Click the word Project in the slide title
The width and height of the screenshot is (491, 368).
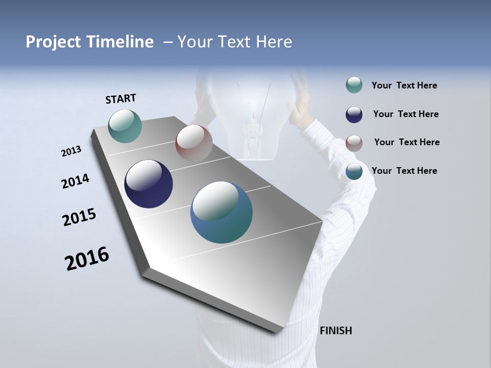pos(53,42)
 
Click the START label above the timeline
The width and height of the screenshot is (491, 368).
pos(121,99)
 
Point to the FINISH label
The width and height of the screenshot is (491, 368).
pos(336,331)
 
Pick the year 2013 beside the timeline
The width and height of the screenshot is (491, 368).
pos(71,151)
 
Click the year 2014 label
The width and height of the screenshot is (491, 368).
pos(75,181)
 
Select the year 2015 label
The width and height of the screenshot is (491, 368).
pos(79,217)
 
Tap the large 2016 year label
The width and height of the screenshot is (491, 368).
pos(87,259)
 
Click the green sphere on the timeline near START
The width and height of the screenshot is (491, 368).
pos(125,126)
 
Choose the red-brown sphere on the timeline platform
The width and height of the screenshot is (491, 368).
pos(194,143)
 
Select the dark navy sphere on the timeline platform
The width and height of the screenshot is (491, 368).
pos(148,184)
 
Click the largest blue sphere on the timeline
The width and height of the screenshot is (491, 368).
pos(221,212)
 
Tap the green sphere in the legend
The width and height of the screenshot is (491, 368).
pos(354,85)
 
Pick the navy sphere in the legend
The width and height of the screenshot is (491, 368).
pos(354,114)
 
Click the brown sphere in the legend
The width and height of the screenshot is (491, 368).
pos(354,143)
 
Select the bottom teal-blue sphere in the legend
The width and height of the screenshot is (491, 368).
pos(354,172)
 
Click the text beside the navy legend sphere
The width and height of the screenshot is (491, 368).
pos(406,114)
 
